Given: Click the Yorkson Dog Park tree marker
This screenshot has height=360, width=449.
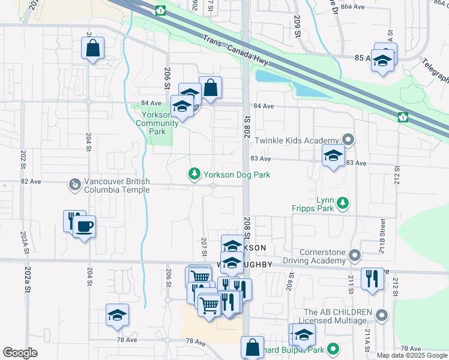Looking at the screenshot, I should (194, 174).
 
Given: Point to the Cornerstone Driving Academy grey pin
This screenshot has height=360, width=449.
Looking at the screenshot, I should (355, 256).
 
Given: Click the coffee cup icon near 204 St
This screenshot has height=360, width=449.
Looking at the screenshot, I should (84, 227).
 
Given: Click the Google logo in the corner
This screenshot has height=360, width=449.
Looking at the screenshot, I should (20, 353).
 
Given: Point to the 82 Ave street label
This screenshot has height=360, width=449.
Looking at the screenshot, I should (31, 181).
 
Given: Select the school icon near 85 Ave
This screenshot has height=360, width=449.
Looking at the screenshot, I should (382, 60).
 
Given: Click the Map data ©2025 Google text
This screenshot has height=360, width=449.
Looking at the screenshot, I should (412, 355).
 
